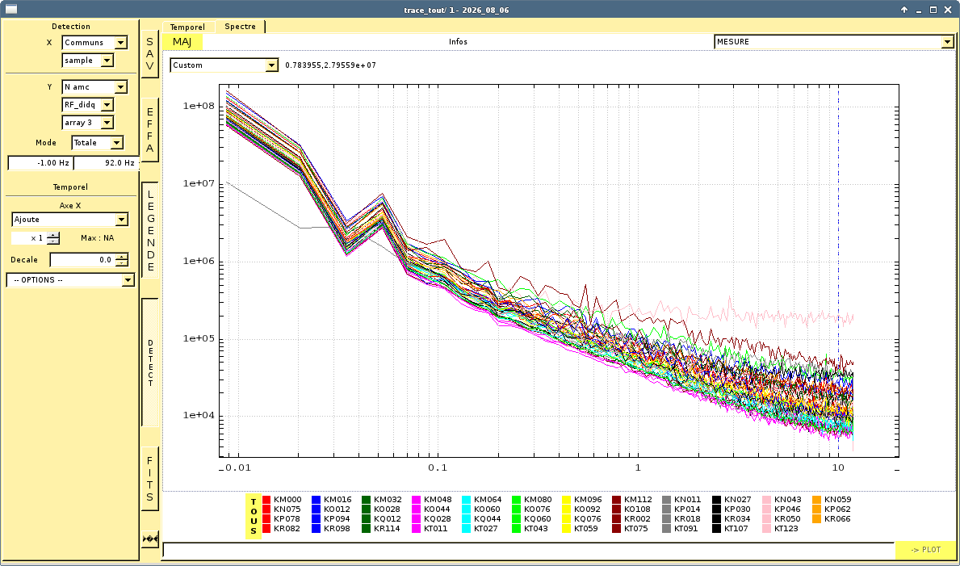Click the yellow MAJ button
182,42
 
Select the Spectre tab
240,27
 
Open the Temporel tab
188,27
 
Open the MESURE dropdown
834,42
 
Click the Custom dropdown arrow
272,65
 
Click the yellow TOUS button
254,516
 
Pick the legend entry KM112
632,499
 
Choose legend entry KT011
431,529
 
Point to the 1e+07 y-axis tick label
199,184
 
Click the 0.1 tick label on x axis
437,468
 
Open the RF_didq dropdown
88,105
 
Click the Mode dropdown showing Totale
98,143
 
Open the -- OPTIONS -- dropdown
70,280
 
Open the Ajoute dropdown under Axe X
69,220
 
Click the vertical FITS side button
150,479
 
